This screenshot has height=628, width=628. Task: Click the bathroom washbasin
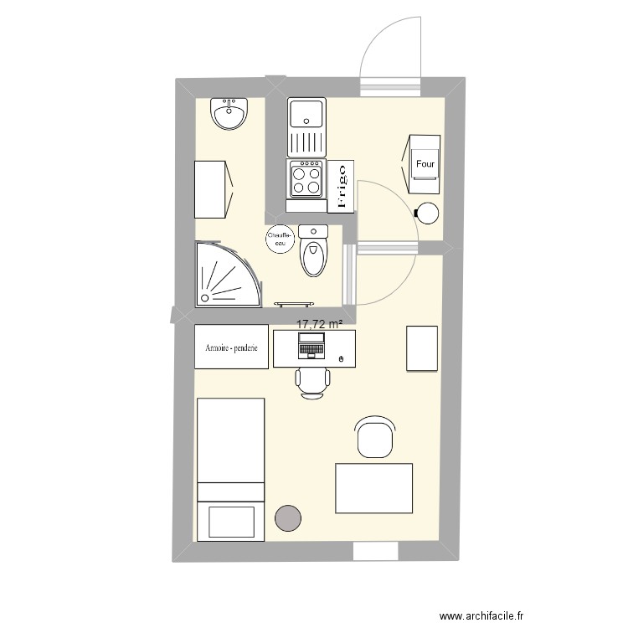(229, 114)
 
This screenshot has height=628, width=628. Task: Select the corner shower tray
(224, 275)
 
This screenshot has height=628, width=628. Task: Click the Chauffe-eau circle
(280, 239)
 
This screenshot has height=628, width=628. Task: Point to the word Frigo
(340, 186)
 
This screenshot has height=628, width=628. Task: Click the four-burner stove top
(306, 178)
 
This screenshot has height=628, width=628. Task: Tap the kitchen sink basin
(306, 112)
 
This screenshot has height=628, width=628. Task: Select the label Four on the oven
(425, 165)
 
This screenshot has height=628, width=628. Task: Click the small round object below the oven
(428, 214)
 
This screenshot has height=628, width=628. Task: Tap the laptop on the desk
(311, 344)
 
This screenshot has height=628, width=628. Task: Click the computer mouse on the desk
(341, 359)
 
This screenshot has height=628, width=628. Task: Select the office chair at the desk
(311, 379)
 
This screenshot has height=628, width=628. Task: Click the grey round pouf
(288, 518)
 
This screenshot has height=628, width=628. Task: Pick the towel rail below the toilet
(296, 303)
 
